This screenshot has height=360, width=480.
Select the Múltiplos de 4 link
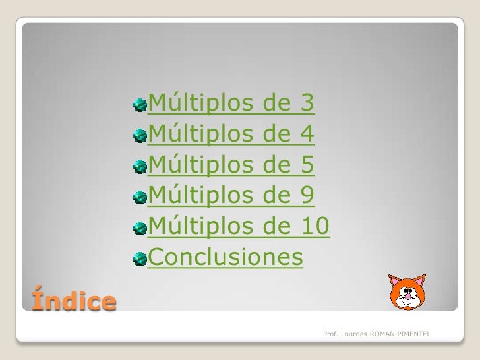point(231,135)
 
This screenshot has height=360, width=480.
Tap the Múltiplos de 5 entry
point(231,165)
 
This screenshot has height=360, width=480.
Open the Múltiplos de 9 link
point(231,196)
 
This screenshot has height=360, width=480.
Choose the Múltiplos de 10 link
point(237,227)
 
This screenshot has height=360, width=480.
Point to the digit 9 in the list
point(307,196)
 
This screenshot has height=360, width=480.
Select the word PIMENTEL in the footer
point(413,336)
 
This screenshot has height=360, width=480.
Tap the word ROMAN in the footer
point(382,336)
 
